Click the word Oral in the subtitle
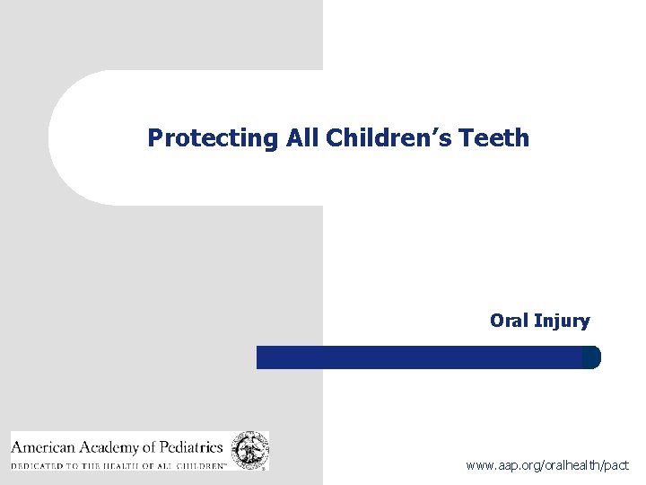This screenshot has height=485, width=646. tap(510, 320)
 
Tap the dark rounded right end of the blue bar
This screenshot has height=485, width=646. tap(591, 357)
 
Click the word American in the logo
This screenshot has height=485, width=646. tap(44, 445)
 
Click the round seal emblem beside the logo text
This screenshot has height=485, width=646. tap(249, 450)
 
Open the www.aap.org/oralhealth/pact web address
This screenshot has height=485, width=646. tap(547, 466)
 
